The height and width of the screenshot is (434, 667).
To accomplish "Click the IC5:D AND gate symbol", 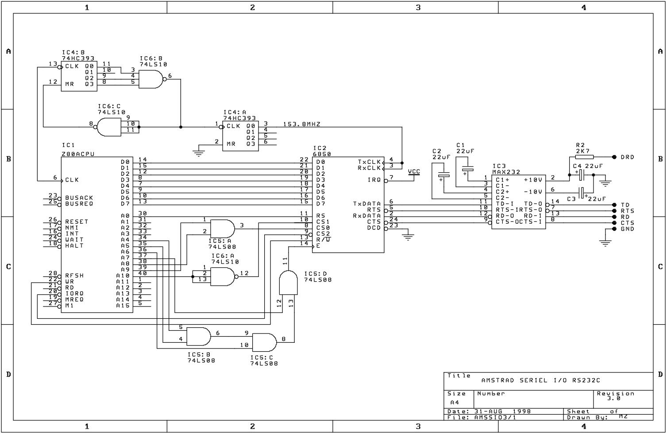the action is (288, 283).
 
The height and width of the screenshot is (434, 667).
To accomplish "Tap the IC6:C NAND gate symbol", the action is (108, 127).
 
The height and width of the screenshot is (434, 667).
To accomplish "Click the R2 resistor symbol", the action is (584, 157).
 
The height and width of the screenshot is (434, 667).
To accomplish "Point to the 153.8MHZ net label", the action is (302, 124).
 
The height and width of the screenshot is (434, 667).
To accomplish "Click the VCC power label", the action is (414, 171).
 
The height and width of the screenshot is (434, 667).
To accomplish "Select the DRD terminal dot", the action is (614, 157).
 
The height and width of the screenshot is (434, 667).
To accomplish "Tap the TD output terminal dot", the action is (614, 205).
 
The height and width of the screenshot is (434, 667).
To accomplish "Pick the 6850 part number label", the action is (322, 154).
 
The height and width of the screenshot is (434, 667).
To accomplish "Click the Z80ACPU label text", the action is (78, 154).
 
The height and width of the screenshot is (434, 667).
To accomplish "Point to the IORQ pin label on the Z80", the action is (74, 294).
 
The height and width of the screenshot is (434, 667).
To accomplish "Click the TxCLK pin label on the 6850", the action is (369, 162).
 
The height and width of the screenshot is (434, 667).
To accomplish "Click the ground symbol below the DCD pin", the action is (408, 237).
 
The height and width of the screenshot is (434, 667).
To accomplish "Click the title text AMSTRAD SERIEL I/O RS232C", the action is (541, 380).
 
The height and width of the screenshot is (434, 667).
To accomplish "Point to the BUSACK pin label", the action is (79, 198).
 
